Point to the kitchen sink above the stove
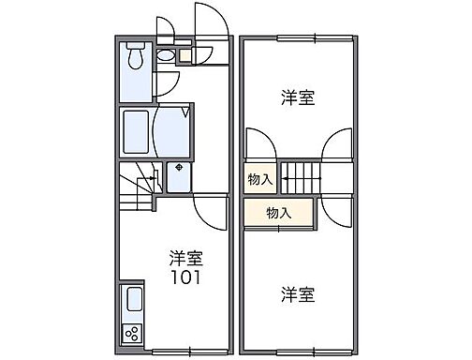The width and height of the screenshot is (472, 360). coord(133,303)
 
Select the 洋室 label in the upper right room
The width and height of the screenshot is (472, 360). coord(297,97)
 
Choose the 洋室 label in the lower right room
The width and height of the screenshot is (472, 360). coord(297,294)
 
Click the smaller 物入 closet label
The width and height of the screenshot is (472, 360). coord(260,178)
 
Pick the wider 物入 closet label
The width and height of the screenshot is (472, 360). coord(278,212)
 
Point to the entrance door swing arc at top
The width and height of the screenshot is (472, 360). coord(212,21)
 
